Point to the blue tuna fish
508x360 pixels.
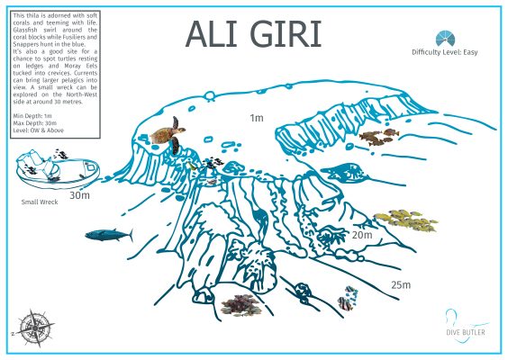(x=108, y=235)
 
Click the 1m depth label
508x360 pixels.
(x=257, y=118)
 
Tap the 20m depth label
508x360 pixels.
(x=362, y=234)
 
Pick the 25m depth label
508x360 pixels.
(x=400, y=285)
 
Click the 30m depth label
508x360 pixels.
(x=80, y=194)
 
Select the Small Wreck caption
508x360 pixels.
(x=39, y=202)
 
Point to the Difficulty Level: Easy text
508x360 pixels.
(x=443, y=53)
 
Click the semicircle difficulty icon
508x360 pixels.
(x=444, y=37)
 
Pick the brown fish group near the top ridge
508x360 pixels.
(x=377, y=136)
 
